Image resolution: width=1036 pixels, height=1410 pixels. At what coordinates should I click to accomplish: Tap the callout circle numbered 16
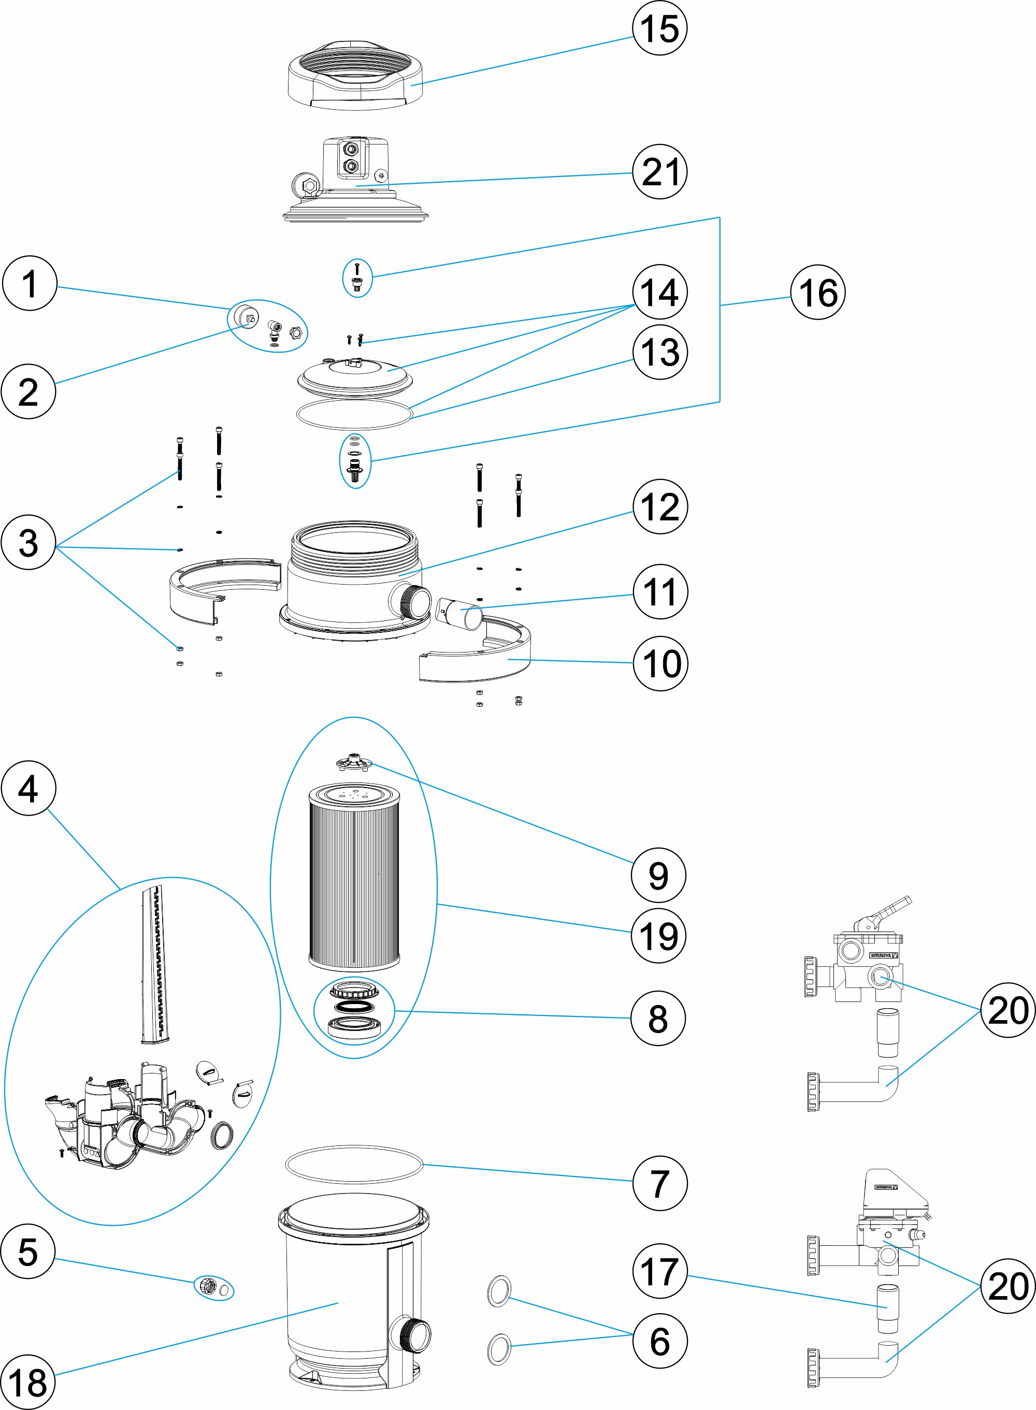point(818,292)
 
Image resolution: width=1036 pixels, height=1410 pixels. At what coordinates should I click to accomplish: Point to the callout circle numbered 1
point(30,283)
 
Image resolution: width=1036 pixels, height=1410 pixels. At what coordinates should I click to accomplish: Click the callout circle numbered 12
point(660,506)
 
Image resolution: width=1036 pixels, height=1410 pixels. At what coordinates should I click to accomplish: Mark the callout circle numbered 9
point(658,875)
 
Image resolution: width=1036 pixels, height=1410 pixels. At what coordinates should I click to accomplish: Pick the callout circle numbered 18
point(27,1383)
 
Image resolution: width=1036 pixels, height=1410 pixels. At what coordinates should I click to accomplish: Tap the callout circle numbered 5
point(28,1252)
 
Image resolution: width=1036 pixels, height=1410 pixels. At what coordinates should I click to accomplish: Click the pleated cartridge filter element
point(354,878)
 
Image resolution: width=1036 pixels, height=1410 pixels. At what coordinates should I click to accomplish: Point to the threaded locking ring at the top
point(355,75)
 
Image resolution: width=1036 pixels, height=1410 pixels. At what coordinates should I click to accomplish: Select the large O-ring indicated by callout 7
point(354,1165)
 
